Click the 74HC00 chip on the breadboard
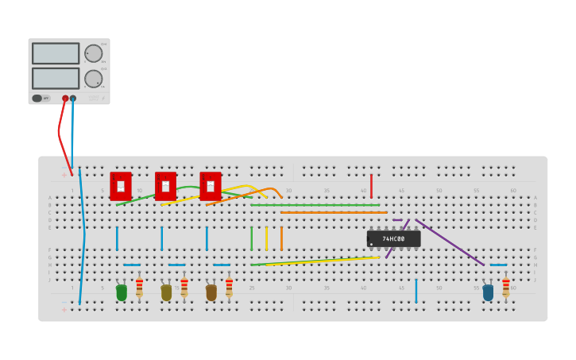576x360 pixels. pyautogui.click(x=393, y=238)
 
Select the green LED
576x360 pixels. pyautogui.click(x=122, y=292)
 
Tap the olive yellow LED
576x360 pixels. pyautogui.click(x=166, y=292)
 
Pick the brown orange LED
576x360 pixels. pyautogui.click(x=211, y=292)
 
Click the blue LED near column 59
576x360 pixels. pyautogui.click(x=488, y=292)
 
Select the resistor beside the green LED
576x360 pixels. pyautogui.click(x=139, y=287)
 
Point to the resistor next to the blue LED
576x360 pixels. pyautogui.click(x=506, y=287)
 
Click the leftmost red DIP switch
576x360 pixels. pyautogui.click(x=121, y=186)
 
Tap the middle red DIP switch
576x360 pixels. pyautogui.click(x=165, y=186)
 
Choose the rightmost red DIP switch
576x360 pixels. pyautogui.click(x=211, y=186)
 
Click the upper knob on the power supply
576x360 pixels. pyautogui.click(x=93, y=53)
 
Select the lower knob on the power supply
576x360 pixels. pyautogui.click(x=93, y=79)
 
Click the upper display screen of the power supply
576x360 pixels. pyautogui.click(x=56, y=53)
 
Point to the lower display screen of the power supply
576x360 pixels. pyautogui.click(x=56, y=78)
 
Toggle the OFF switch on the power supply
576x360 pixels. pyautogui.click(x=37, y=99)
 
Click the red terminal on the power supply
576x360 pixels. pyautogui.click(x=65, y=99)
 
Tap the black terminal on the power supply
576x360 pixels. pyautogui.click(x=73, y=99)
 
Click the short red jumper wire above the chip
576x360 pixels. pyautogui.click(x=371, y=186)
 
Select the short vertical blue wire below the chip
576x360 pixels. pyautogui.click(x=416, y=291)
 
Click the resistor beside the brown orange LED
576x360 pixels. pyautogui.click(x=229, y=287)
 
